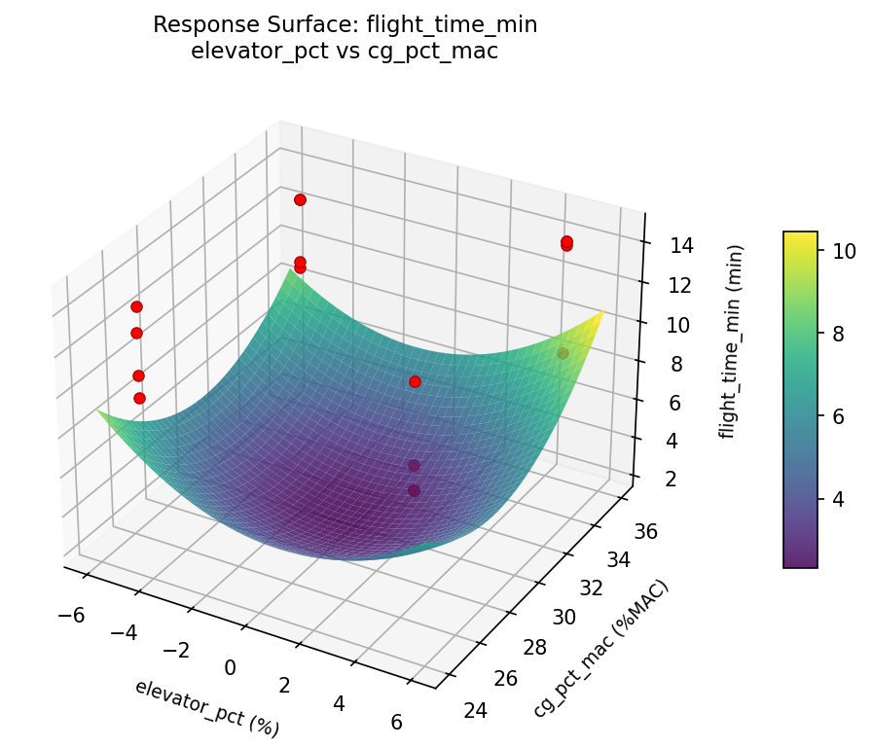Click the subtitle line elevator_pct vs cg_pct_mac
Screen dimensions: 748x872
[x=345, y=52]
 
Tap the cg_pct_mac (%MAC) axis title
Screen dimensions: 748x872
[x=600, y=649]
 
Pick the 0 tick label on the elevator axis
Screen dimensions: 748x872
[x=231, y=667]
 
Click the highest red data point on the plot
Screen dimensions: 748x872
[x=300, y=199]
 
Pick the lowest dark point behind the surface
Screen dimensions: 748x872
[x=414, y=490]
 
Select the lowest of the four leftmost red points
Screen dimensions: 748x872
[x=139, y=398]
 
